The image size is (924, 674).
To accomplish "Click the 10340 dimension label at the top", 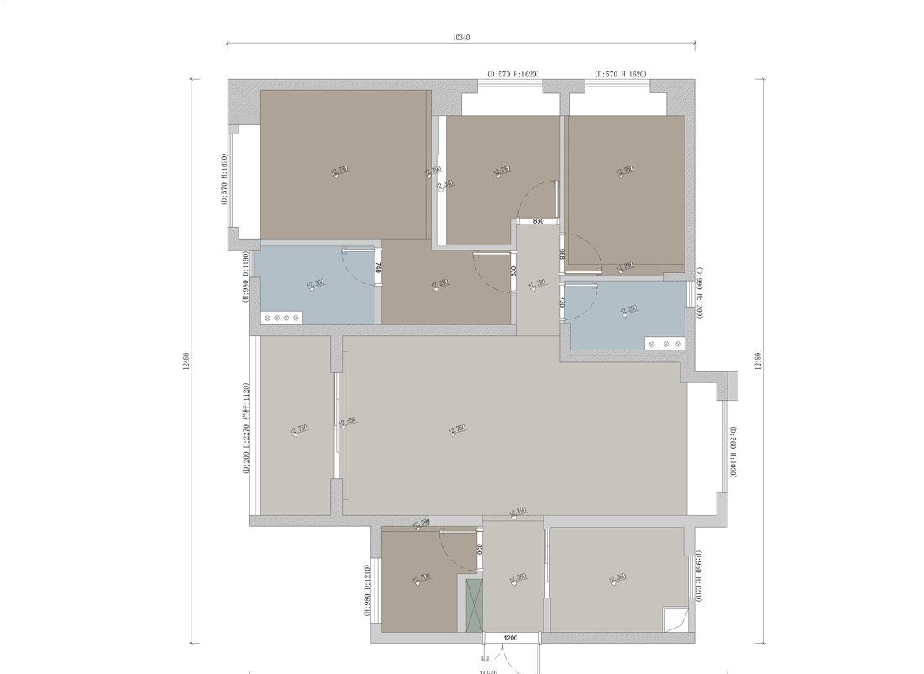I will click(x=460, y=37).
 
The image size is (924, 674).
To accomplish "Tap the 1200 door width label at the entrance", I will click(x=510, y=640).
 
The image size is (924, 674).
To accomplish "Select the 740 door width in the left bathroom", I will click(x=379, y=268).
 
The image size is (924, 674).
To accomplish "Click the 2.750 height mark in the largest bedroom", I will click(x=339, y=171).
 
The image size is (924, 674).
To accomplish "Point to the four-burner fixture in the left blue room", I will click(x=281, y=318).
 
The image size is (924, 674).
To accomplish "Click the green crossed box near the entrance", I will click(x=474, y=604).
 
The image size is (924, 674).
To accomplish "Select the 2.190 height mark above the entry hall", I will click(x=517, y=512).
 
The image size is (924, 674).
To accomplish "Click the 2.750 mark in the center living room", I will click(x=457, y=429).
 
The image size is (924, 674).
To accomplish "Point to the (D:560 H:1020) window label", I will click(x=732, y=451).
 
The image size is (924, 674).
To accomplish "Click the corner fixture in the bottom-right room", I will click(x=675, y=619).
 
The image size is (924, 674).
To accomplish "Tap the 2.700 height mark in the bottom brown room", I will click(x=422, y=577).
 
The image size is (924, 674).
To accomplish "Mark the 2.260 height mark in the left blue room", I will click(x=316, y=283).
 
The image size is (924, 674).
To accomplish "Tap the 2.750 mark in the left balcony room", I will click(x=299, y=429).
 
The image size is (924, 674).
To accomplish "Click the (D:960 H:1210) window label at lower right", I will click(x=698, y=577).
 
